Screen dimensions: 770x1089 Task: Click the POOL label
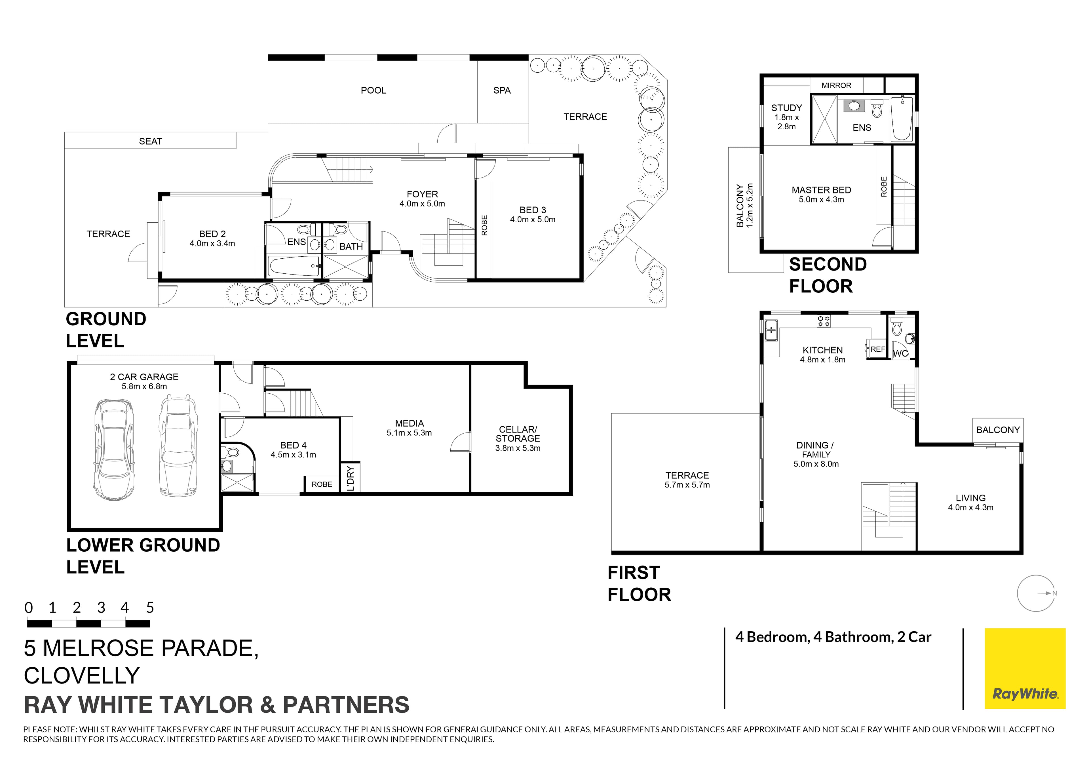tap(373, 90)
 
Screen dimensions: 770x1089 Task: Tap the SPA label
tap(502, 90)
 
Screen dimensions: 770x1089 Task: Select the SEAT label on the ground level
tap(150, 142)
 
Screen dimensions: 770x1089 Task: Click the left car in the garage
tap(114, 450)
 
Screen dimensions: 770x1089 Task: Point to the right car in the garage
tap(178, 446)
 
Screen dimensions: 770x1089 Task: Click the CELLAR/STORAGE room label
tap(518, 434)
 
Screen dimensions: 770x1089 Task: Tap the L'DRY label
tap(350, 478)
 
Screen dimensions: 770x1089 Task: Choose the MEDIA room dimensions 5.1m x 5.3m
tap(409, 433)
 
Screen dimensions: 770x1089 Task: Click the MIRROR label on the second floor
tap(836, 85)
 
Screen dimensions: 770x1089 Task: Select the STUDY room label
tap(786, 108)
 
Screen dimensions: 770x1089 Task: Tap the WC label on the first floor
tap(900, 353)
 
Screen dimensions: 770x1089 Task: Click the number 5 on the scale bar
tap(150, 608)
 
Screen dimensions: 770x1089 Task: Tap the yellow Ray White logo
tap(1025, 668)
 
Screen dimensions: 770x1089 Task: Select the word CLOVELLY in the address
tap(82, 676)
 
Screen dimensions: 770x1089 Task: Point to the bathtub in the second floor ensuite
tap(902, 119)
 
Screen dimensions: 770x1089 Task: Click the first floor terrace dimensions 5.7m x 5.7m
tap(687, 485)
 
